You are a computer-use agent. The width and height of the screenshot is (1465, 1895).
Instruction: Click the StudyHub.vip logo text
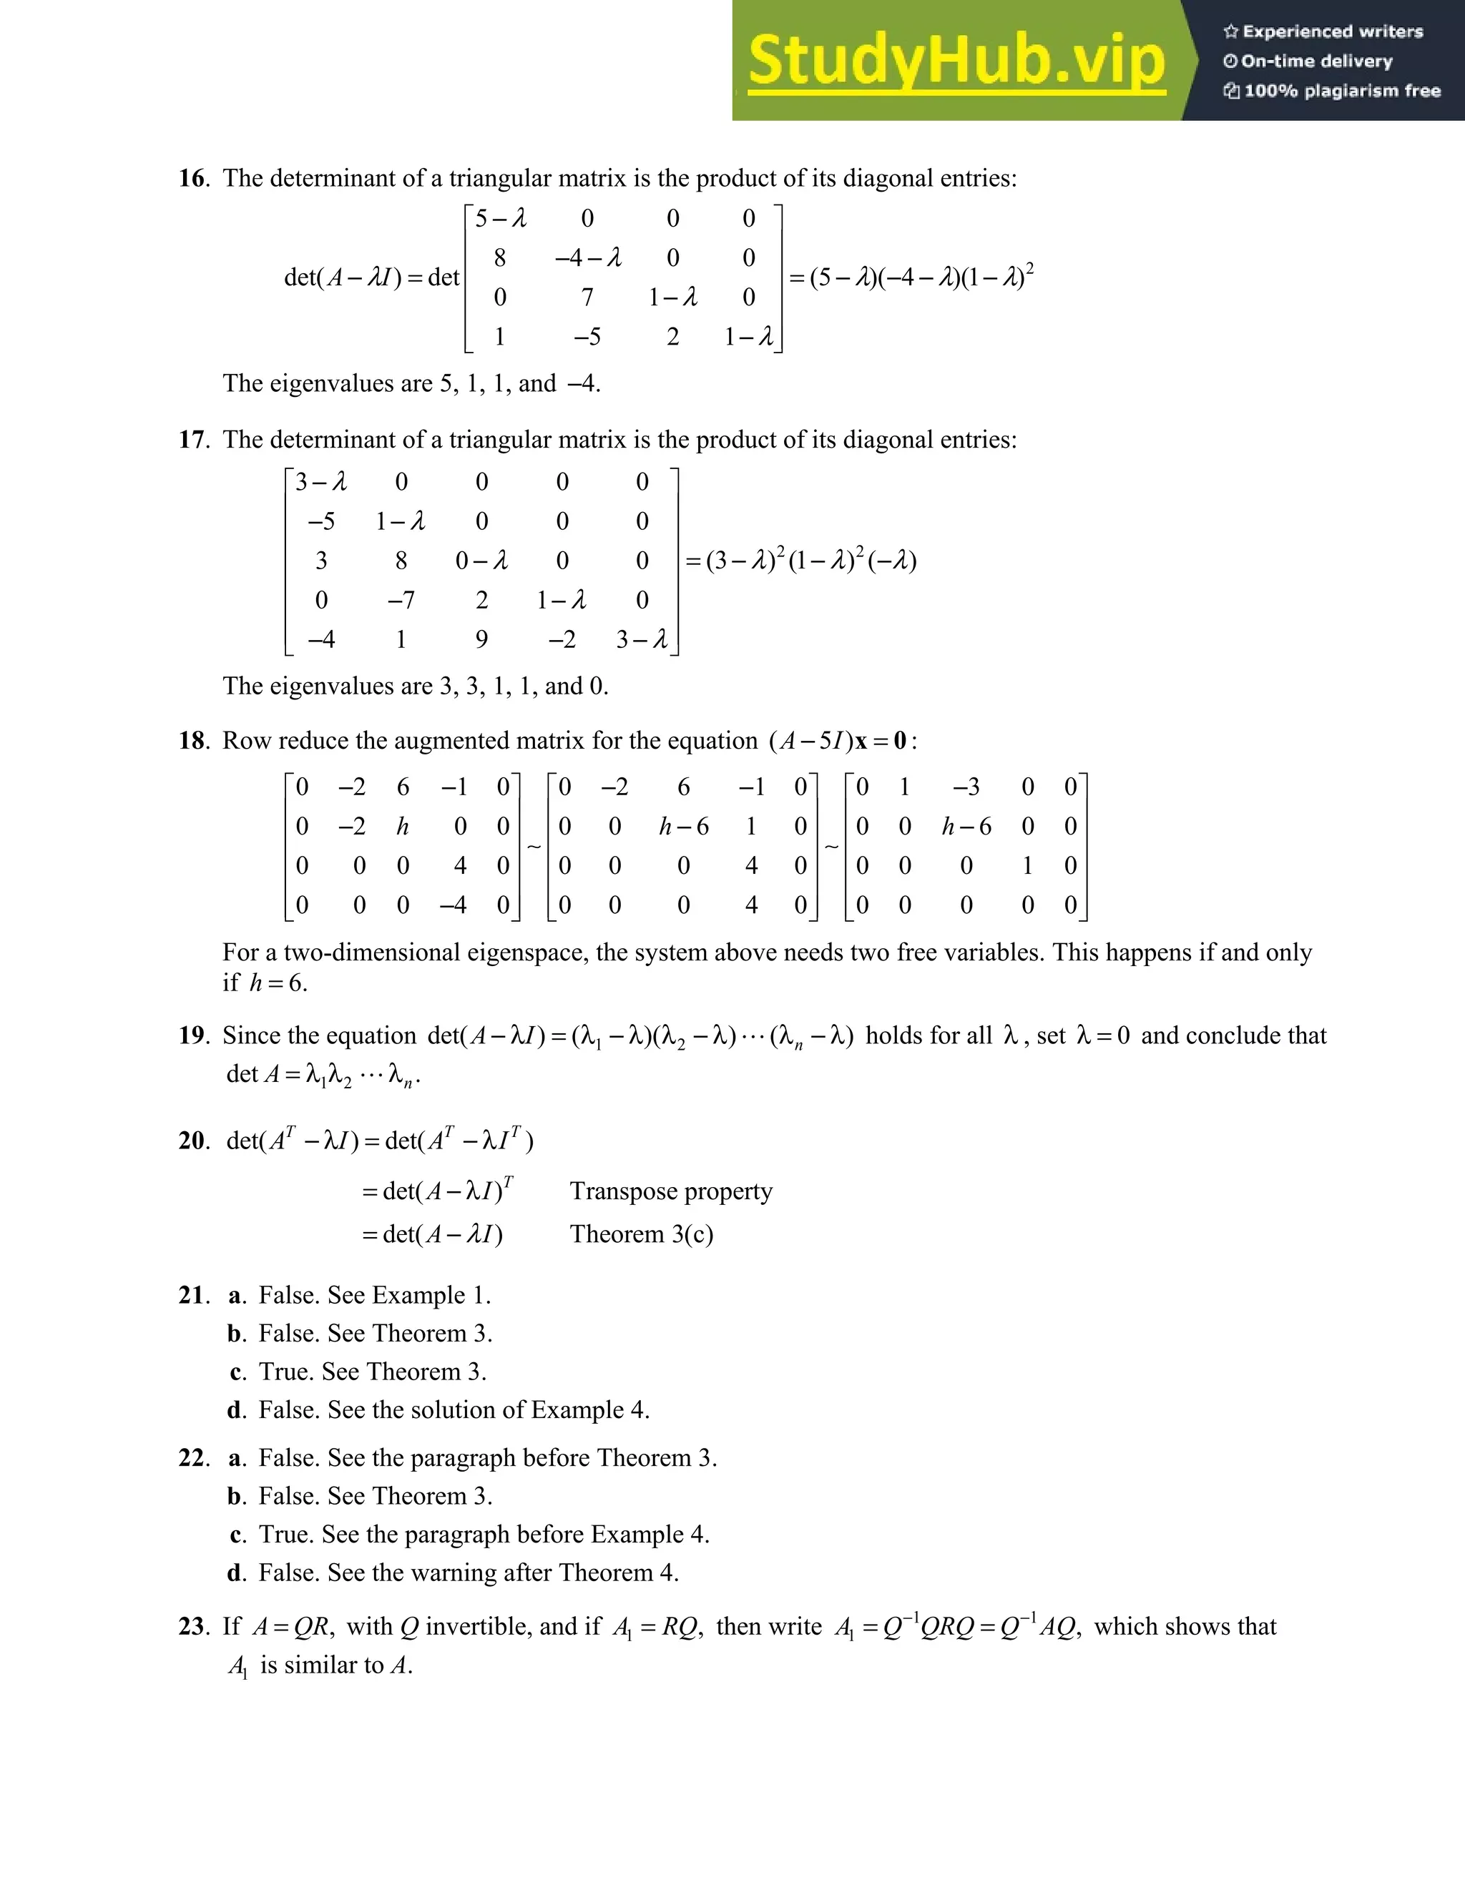pyautogui.click(x=956, y=61)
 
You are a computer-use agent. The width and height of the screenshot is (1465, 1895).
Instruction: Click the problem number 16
pyautogui.click(x=192, y=179)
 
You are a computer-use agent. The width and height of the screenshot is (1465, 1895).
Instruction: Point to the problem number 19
pyautogui.click(x=192, y=1035)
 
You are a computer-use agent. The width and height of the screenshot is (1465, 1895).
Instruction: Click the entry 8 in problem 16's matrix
pyautogui.click(x=500, y=257)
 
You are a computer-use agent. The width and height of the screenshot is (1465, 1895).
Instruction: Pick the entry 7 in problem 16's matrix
pyautogui.click(x=587, y=297)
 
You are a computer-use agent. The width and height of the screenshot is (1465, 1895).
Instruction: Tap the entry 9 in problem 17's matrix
pyautogui.click(x=481, y=640)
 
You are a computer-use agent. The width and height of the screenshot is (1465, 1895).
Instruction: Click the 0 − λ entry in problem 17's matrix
pyautogui.click(x=481, y=561)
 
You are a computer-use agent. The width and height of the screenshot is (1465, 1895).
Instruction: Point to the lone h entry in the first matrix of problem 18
pyautogui.click(x=403, y=827)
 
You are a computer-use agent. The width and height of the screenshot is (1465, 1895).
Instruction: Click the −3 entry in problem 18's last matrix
pyautogui.click(x=966, y=787)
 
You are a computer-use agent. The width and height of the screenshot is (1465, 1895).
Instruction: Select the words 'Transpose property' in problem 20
pyautogui.click(x=671, y=1191)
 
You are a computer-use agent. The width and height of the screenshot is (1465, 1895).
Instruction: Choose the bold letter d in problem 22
pyautogui.click(x=235, y=1573)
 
